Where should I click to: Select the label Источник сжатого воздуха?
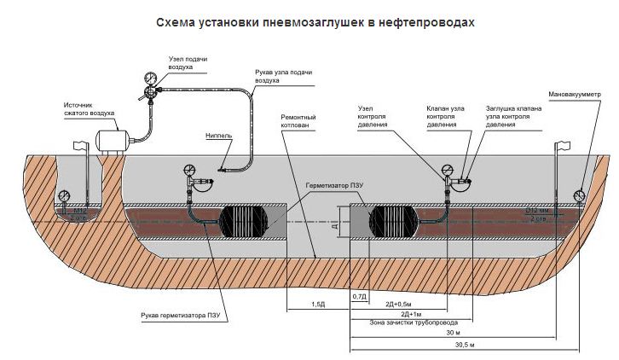coord(89,109)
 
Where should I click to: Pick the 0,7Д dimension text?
coord(359,294)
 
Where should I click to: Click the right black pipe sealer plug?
coord(396,220)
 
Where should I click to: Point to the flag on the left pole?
coord(82,146)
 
